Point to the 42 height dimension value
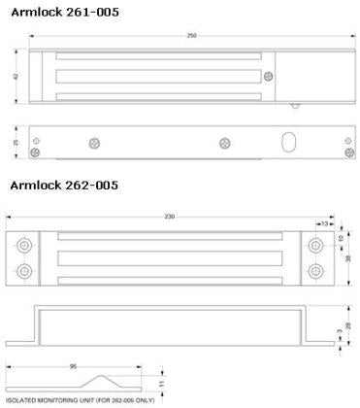tap(16, 75)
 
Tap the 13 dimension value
tap(323, 222)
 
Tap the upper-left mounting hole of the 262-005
tap(23, 241)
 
